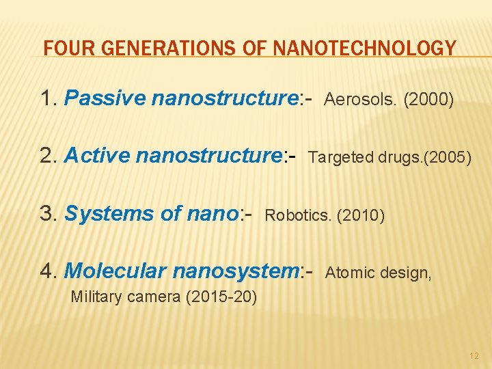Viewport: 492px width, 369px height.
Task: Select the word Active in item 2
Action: pyautogui.click(x=96, y=156)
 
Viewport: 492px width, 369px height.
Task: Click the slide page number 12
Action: pyautogui.click(x=474, y=356)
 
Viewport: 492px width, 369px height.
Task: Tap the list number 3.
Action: pyautogui.click(x=47, y=214)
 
